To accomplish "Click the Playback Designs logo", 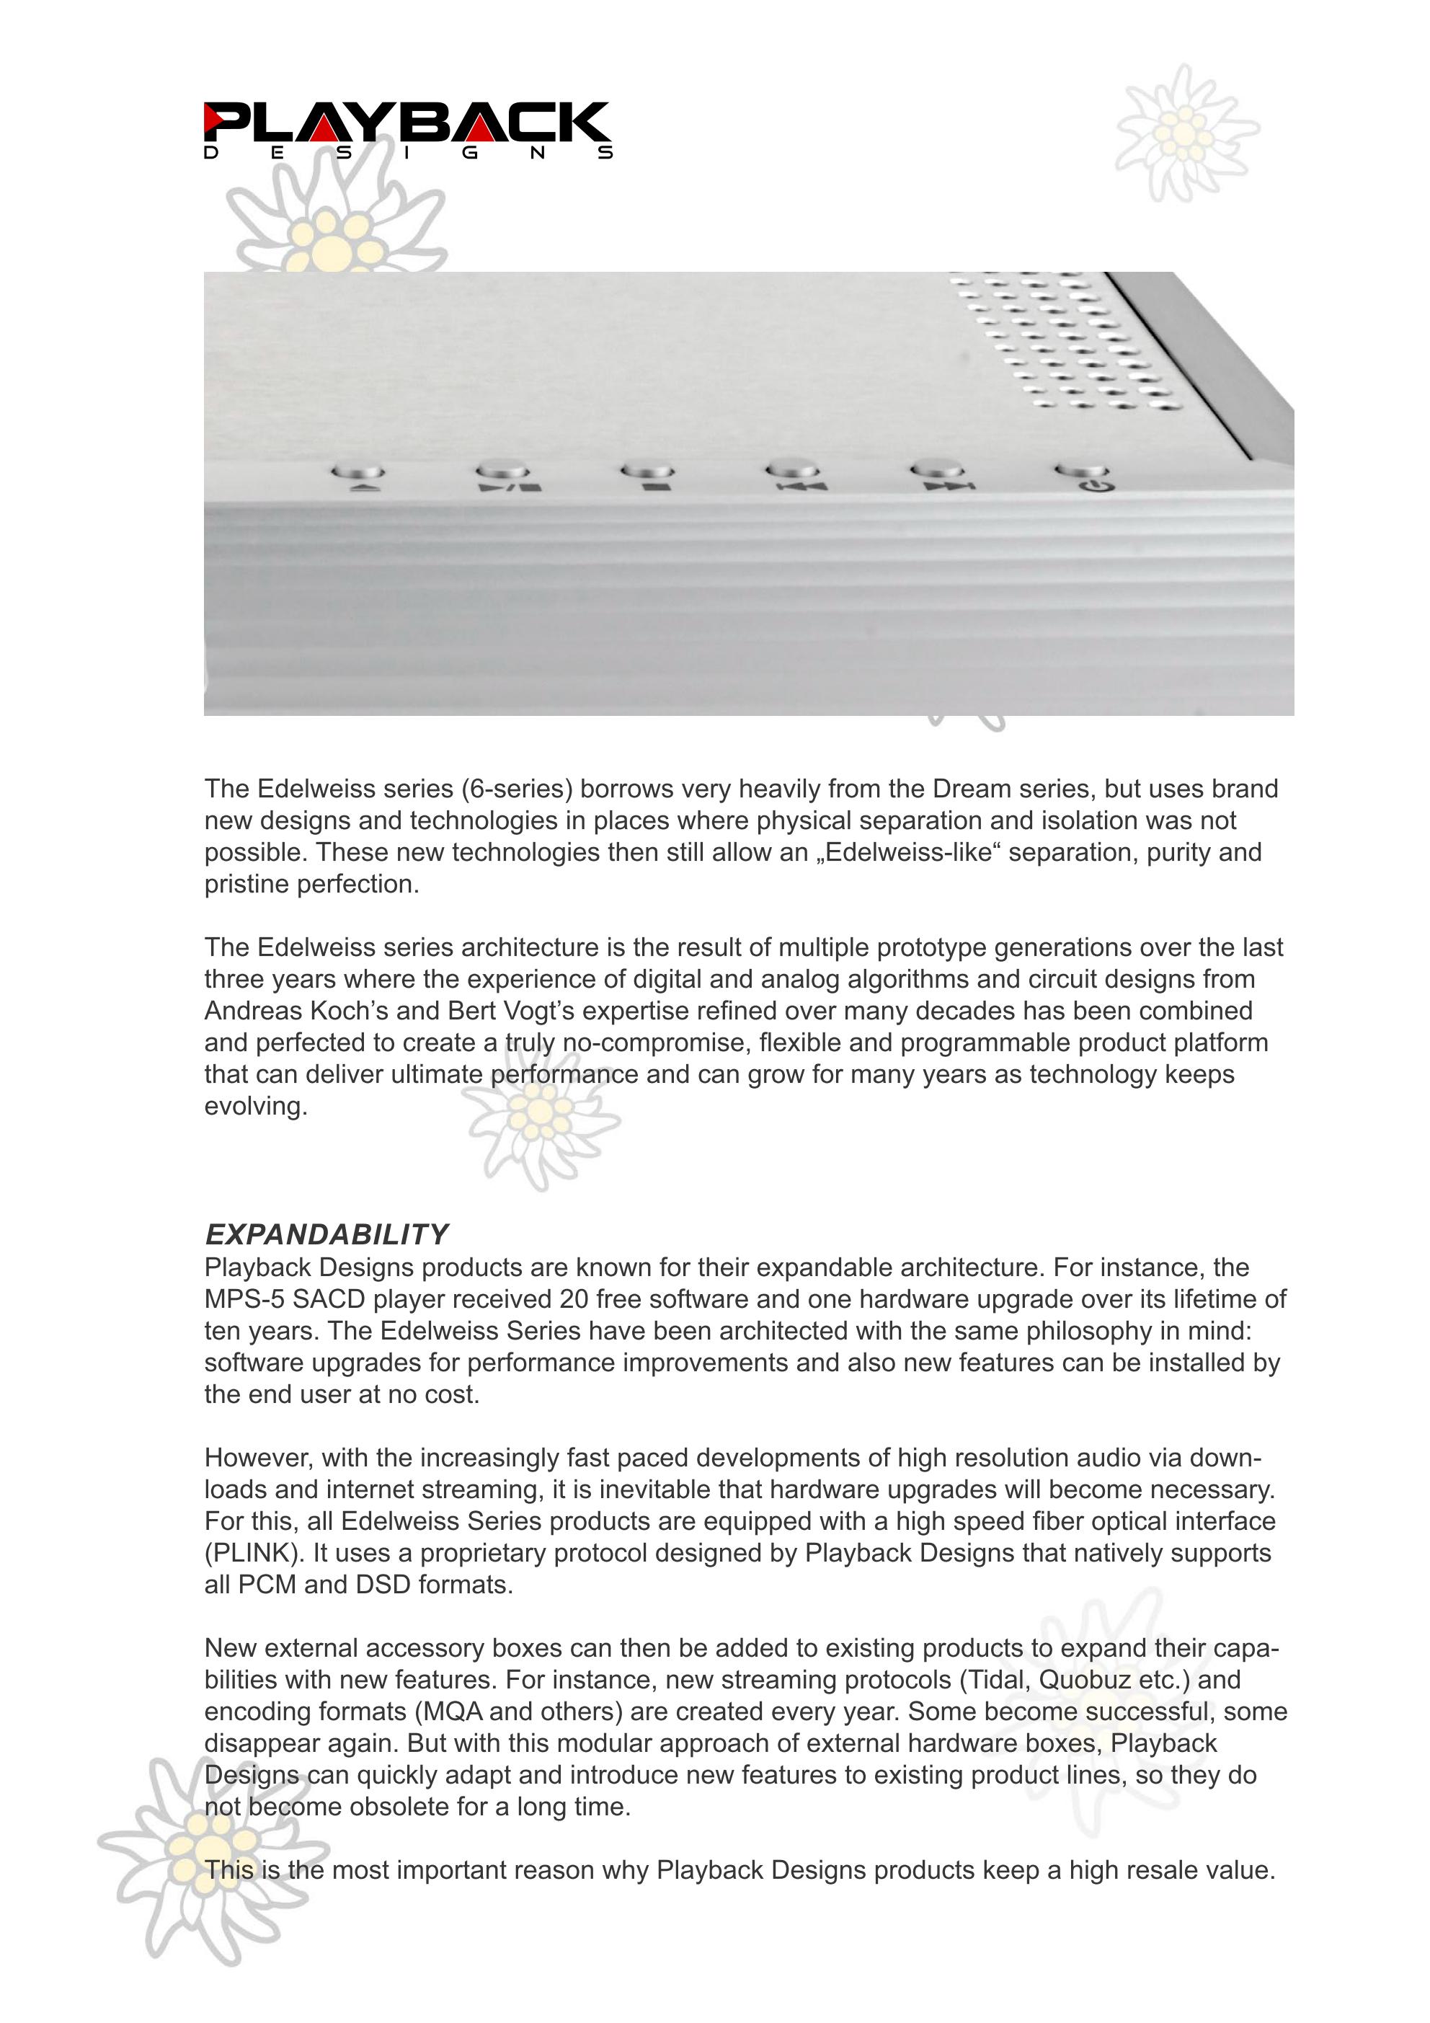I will pyautogui.click(x=407, y=130).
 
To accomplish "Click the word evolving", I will pyautogui.click(x=256, y=1107).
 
